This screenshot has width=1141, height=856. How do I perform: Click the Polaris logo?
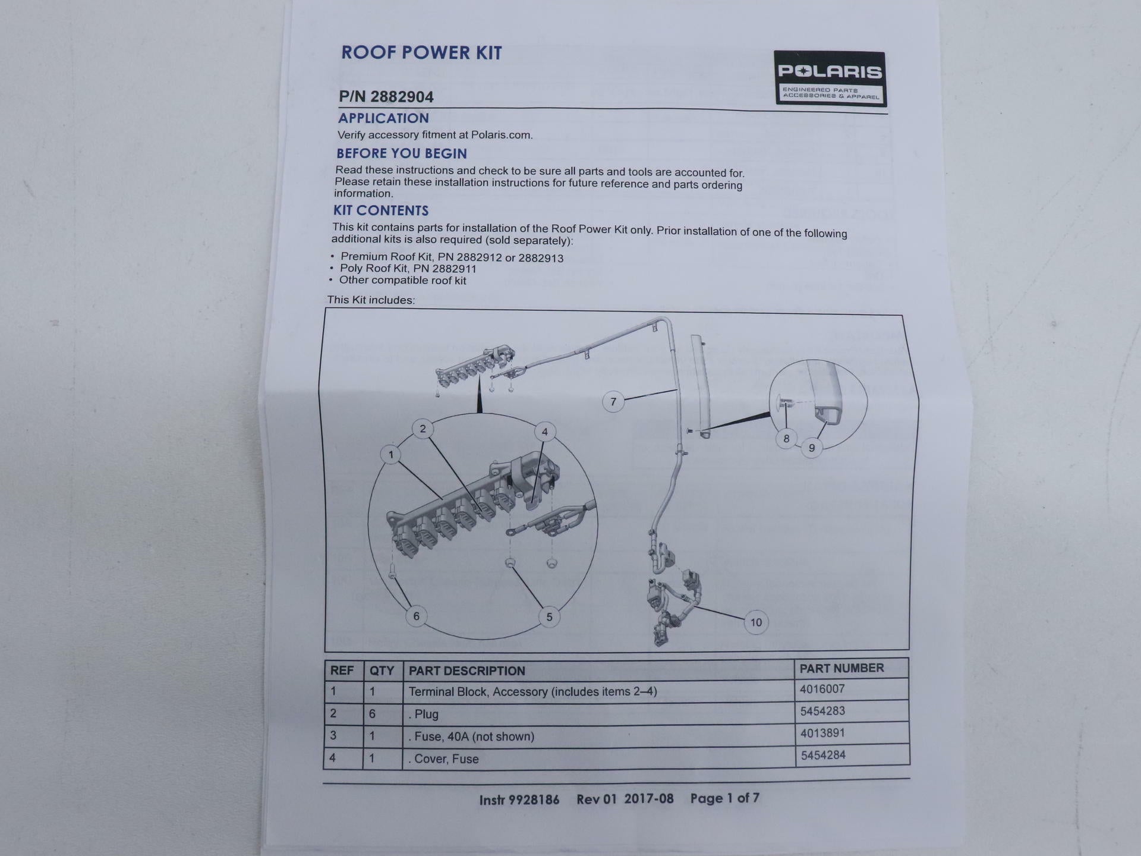[x=830, y=78]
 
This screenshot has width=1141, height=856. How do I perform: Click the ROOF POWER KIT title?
[x=421, y=53]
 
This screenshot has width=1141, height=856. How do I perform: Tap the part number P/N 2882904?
[x=386, y=97]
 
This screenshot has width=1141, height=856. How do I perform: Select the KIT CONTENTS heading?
[x=381, y=210]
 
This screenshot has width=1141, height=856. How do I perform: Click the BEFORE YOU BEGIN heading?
[x=402, y=153]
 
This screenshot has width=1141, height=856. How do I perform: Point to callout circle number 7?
[x=613, y=402]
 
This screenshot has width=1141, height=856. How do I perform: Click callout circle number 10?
[x=756, y=622]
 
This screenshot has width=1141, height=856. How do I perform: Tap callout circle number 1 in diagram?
[x=391, y=455]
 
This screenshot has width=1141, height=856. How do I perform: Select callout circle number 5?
[x=549, y=617]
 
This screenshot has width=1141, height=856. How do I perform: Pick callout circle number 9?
[x=812, y=448]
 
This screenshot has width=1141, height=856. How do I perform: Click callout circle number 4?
[x=545, y=432]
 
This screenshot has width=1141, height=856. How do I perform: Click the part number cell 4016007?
[x=822, y=689]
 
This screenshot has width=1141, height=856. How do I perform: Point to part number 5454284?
[x=823, y=755]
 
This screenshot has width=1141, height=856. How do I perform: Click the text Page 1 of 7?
[x=724, y=798]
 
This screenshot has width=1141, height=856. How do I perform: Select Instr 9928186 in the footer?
[x=519, y=800]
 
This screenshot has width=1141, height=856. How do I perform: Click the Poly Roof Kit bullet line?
[x=408, y=269]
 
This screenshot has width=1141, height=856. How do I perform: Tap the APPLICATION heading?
[x=383, y=118]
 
